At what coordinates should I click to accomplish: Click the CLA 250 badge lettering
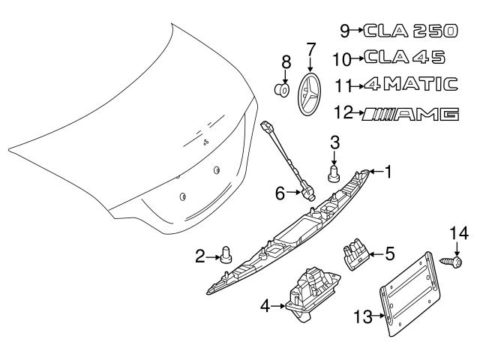pyautogui.click(x=410, y=31)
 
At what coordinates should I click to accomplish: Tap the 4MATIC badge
pyautogui.click(x=411, y=84)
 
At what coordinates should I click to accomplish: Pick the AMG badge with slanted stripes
pyautogui.click(x=410, y=114)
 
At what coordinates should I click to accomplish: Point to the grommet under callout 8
pyautogui.click(x=282, y=90)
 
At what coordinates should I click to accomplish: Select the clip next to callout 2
pyautogui.click(x=226, y=255)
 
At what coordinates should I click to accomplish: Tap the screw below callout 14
pyautogui.click(x=451, y=262)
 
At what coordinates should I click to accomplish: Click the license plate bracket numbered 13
pyautogui.click(x=410, y=294)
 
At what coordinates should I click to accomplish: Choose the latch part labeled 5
pyautogui.click(x=355, y=253)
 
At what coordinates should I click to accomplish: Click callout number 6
pyautogui.click(x=280, y=193)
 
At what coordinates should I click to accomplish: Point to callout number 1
pyautogui.click(x=388, y=172)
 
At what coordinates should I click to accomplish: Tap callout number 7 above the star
pyautogui.click(x=310, y=49)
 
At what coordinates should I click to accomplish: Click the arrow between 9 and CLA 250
pyautogui.click(x=357, y=30)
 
